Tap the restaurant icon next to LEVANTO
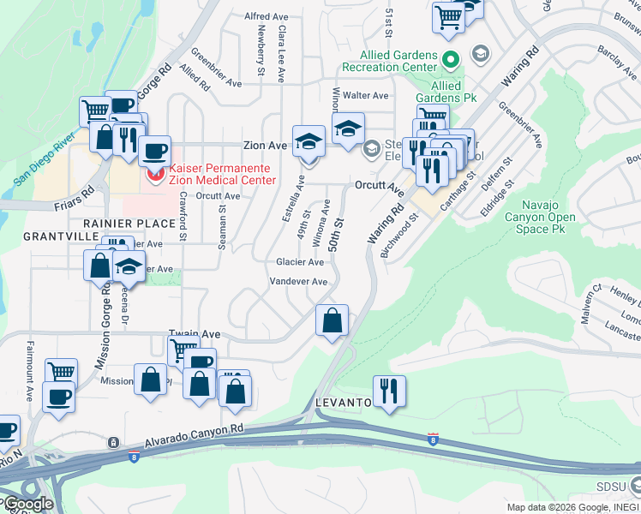[x=389, y=391]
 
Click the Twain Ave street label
[x=189, y=333]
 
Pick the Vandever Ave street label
[x=298, y=282]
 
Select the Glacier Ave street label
[x=300, y=262]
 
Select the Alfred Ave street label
[x=266, y=16]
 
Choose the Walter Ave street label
[x=366, y=95]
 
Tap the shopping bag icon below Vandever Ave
[x=332, y=320]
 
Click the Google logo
[x=27, y=503]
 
